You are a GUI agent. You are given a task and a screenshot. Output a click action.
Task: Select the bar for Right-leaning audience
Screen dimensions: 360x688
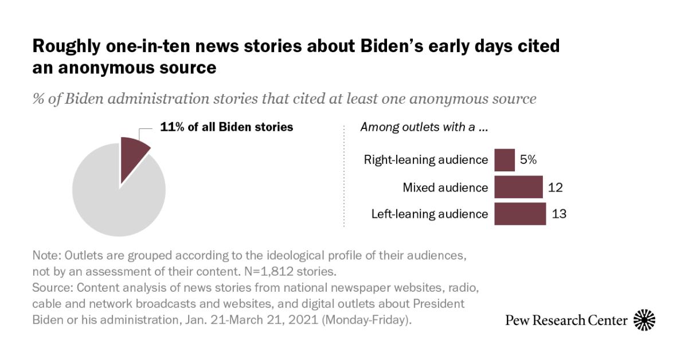[504, 160]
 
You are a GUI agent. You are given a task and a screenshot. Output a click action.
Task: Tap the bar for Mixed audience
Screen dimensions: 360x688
[518, 187]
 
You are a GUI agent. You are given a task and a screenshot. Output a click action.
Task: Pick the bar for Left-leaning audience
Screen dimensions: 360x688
[519, 214]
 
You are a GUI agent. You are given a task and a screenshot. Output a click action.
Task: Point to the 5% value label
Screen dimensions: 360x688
[528, 160]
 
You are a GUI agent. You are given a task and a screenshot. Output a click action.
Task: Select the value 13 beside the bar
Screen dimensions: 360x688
[559, 214]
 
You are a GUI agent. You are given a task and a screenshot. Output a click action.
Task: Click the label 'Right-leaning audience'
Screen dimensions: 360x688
[425, 160]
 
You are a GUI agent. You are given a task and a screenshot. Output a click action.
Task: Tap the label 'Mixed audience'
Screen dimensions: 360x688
[445, 187]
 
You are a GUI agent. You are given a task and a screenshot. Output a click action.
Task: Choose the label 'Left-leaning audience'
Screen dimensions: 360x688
[429, 214]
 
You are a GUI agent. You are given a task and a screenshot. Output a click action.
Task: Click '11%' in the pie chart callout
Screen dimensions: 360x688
[171, 127]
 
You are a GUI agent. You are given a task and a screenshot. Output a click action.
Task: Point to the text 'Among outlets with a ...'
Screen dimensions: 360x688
[424, 127]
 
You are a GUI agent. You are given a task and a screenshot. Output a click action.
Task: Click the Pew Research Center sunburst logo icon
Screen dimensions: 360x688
[644, 319]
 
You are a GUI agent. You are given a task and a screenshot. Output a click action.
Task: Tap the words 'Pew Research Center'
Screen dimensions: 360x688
[566, 320]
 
